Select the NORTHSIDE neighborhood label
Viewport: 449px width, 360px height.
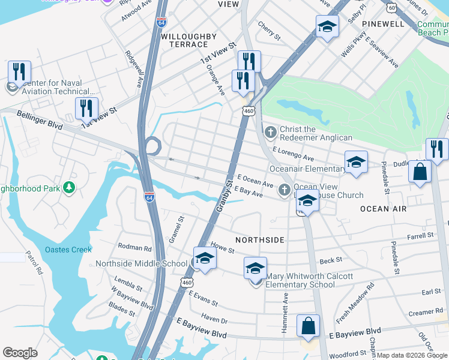tap(259, 239)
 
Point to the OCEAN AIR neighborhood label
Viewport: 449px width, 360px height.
tap(383, 209)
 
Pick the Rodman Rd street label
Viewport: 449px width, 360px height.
tap(134, 247)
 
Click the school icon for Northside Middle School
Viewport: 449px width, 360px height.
tap(205, 258)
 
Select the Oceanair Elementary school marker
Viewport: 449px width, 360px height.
tap(356, 161)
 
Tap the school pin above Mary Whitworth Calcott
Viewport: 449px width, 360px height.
tap(255, 267)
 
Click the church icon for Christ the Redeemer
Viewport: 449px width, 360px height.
tap(271, 131)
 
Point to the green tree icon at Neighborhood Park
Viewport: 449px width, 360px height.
tap(69, 188)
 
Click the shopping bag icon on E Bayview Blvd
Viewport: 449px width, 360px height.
tap(308, 326)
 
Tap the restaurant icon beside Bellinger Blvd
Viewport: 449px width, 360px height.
tap(86, 108)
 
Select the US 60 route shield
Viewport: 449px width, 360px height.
tap(391, 7)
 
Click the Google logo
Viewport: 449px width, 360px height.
tap(20, 353)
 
